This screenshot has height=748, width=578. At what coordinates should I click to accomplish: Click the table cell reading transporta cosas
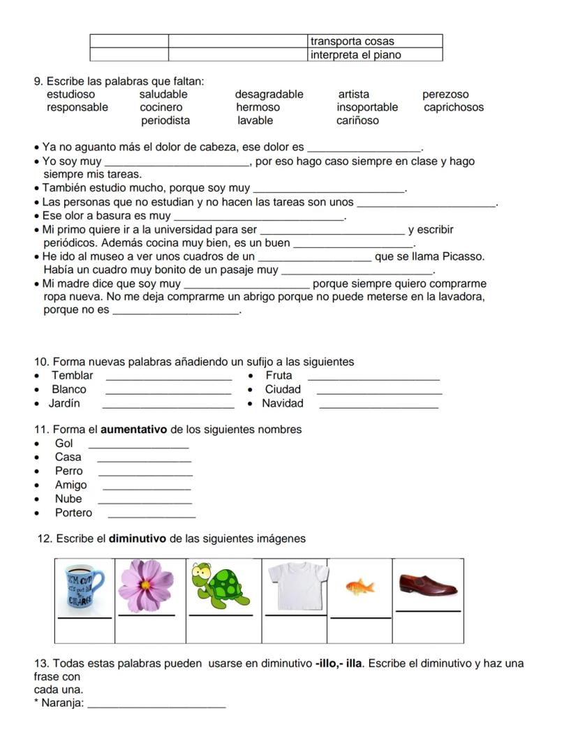pos(375,41)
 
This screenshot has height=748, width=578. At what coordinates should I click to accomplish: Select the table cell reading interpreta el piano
pos(375,54)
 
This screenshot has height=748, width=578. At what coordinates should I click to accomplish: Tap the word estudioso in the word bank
pos(71,94)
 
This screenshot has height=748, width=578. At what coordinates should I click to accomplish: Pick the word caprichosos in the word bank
pos(454,108)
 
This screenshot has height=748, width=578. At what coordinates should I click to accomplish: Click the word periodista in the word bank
pos(165,121)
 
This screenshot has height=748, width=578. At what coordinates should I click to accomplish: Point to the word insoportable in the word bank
pos(367,108)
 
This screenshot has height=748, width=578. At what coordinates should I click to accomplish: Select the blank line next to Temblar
pos(168,379)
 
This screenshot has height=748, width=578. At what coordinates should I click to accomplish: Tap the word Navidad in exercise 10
pos(283,403)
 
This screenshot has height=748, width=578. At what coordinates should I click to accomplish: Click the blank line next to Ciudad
pos(379,393)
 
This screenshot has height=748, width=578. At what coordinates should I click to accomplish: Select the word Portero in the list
pos(73,513)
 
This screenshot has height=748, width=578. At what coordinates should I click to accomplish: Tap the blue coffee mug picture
pos(84,587)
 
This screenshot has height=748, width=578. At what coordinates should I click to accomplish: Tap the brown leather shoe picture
pos(428,584)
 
